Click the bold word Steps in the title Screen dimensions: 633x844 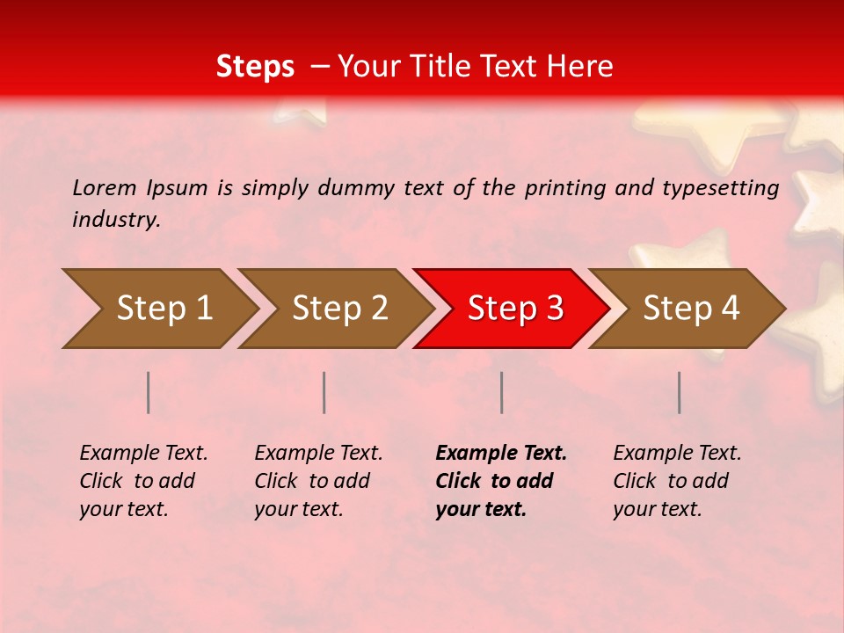tap(255, 67)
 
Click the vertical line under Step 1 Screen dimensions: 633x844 tap(149, 392)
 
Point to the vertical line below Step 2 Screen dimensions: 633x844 tap(324, 392)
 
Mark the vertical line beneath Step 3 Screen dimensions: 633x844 tap(502, 392)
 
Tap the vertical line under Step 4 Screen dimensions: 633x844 tap(680, 392)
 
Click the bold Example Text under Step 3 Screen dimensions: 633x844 tap(501, 480)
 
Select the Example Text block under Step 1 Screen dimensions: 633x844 tap(143, 480)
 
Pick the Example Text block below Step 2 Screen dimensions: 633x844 tap(318, 480)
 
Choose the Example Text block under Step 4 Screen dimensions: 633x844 tap(677, 480)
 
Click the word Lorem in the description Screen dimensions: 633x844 tap(105, 187)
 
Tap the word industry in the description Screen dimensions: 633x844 tap(116, 219)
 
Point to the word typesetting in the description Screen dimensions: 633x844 tap(720, 187)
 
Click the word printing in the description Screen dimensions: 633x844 tap(569, 187)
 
